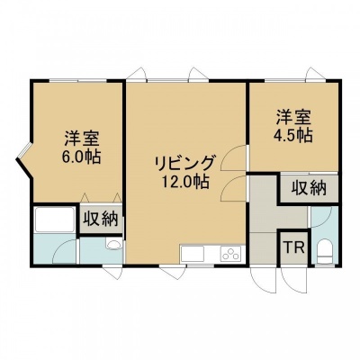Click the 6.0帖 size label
click(x=81, y=157)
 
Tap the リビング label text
click(x=185, y=164)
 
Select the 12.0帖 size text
click(x=185, y=182)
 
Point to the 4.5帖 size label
click(x=292, y=136)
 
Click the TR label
click(x=294, y=247)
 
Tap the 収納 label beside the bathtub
click(x=101, y=220)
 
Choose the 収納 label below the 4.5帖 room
click(x=309, y=189)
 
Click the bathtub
click(x=55, y=220)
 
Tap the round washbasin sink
click(x=113, y=245)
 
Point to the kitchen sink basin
click(x=193, y=254)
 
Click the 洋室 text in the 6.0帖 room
click(x=81, y=139)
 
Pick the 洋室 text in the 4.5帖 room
click(x=292, y=118)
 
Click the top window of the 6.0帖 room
click(x=78, y=80)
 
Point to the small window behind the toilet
click(x=325, y=265)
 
